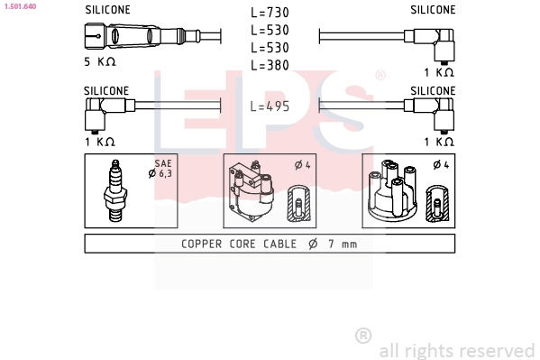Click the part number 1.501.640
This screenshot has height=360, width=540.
tap(20, 6)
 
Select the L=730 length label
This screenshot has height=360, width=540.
tap(270, 13)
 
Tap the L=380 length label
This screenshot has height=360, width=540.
tap(270, 65)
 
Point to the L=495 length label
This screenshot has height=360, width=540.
tap(270, 106)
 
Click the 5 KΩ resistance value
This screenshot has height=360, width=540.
tap(100, 61)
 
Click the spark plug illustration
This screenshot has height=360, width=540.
tap(115, 190)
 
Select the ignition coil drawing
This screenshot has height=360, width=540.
tap(251, 190)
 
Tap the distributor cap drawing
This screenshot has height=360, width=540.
tap(393, 190)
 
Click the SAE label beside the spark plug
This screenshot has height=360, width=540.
tap(163, 163)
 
